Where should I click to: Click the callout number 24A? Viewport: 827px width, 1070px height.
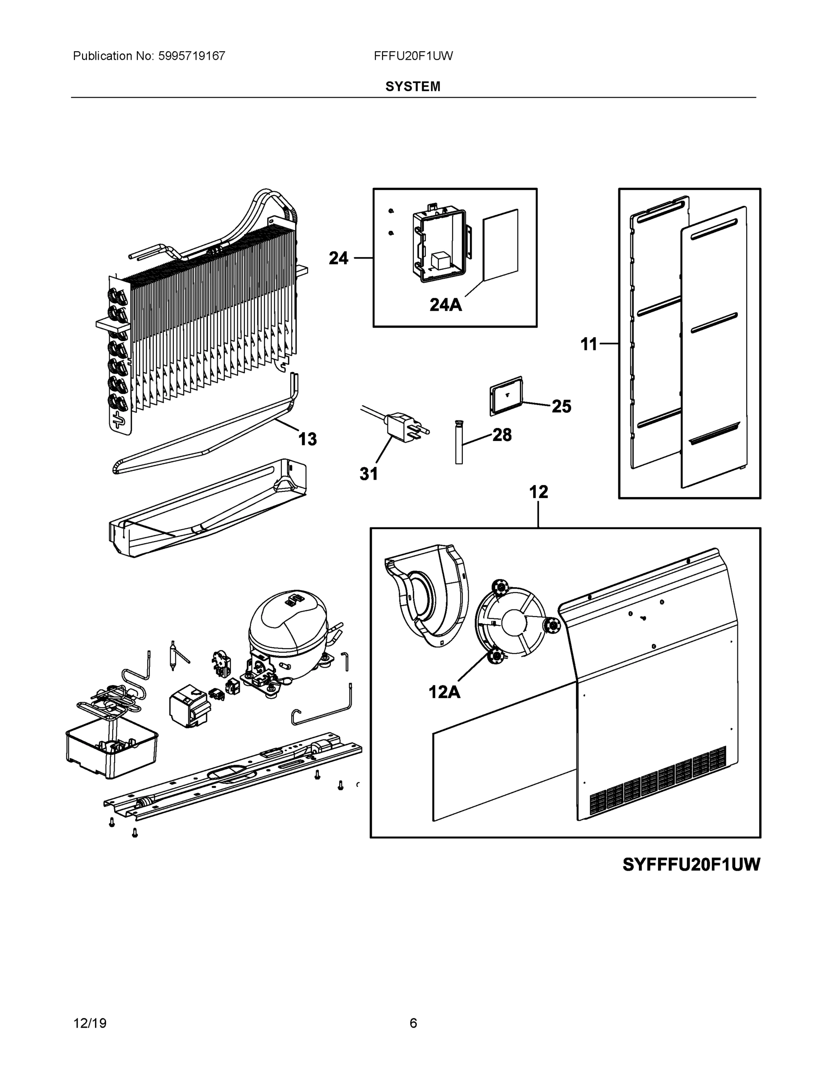(445, 305)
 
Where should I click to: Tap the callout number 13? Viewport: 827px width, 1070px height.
(307, 439)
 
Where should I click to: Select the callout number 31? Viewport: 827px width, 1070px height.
(369, 474)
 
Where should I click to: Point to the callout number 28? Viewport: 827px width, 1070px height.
(502, 435)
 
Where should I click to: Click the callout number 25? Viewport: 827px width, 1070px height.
(561, 406)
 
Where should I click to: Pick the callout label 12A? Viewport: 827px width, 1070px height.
(444, 692)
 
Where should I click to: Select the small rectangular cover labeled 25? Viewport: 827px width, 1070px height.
(506, 396)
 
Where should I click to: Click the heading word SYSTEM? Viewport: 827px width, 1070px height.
(412, 87)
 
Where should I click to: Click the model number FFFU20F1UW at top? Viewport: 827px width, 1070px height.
(413, 56)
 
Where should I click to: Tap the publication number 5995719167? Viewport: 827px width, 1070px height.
(192, 56)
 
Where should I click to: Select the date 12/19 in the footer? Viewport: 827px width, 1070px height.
(90, 1023)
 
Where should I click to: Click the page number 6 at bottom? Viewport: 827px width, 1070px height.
(413, 1023)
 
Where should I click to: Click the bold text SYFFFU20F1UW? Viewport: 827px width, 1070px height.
(691, 865)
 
